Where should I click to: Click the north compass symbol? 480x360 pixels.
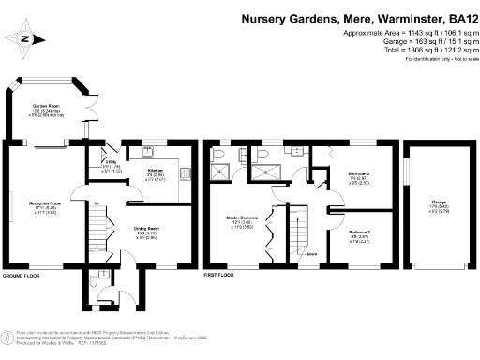25,39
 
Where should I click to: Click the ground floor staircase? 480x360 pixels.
100,234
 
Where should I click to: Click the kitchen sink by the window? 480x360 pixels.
148,151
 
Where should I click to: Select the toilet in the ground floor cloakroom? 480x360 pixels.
101,278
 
